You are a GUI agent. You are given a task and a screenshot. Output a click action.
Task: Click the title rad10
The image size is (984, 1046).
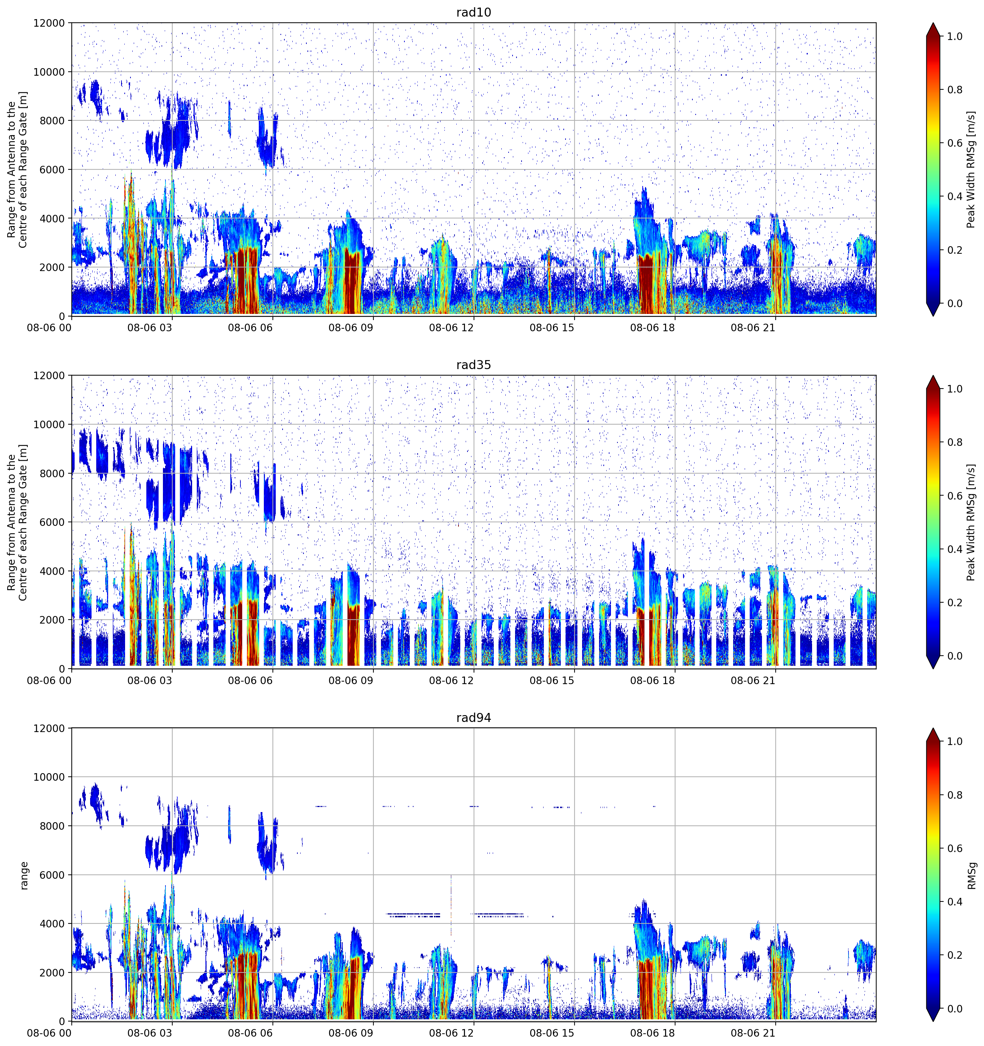coord(474,12)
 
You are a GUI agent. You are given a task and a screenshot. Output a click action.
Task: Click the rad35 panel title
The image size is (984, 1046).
coord(474,365)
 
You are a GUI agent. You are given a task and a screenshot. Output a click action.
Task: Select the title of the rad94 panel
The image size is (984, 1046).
coord(474,718)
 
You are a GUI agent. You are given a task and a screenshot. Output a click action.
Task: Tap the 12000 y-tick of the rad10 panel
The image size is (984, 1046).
coord(49,23)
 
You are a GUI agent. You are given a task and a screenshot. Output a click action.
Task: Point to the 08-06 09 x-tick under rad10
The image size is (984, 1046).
coord(350,328)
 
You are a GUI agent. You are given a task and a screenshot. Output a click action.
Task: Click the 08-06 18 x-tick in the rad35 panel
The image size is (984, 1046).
coord(652,680)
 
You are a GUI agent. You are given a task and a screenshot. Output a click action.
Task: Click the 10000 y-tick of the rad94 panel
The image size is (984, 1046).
coord(49,777)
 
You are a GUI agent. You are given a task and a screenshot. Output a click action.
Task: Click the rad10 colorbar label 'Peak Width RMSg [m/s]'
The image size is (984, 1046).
coord(971,169)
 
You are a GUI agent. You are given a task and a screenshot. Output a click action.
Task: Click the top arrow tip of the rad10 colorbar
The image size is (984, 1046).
coord(933,23)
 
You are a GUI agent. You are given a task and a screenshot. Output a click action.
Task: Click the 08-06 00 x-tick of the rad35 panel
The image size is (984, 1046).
coord(49,680)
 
